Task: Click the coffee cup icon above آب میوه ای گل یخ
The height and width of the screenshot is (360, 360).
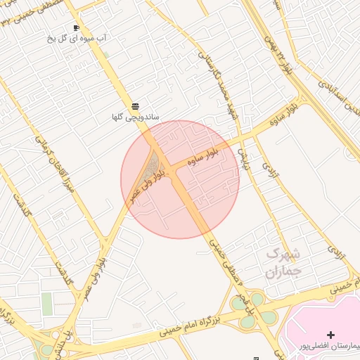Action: (75, 28)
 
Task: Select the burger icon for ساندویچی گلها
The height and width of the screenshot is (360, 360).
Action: (135, 106)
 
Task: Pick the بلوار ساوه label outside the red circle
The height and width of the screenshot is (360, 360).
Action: (283, 112)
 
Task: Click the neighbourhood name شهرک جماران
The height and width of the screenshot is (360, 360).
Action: (284, 262)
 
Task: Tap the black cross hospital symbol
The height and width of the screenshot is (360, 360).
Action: (331, 335)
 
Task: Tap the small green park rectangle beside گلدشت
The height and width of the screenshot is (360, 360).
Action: (47, 304)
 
